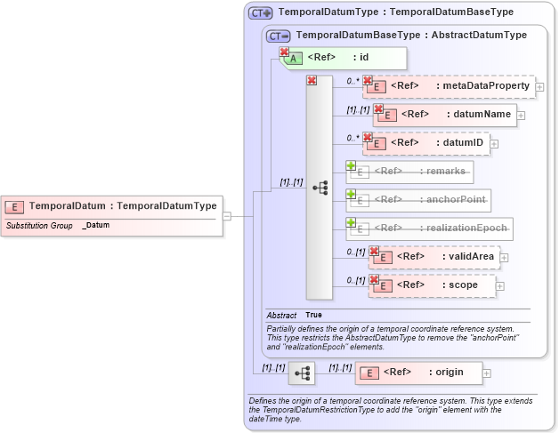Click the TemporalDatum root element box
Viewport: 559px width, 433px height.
[111, 205]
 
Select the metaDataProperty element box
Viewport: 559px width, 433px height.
[450, 86]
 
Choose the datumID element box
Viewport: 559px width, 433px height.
[428, 142]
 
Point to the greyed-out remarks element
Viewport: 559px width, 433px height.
[409, 172]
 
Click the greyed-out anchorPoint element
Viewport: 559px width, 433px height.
[418, 200]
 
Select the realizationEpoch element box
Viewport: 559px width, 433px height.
[429, 229]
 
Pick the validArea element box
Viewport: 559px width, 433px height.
[434, 257]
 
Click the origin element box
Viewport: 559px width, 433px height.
[419, 372]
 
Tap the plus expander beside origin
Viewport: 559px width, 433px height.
[487, 373]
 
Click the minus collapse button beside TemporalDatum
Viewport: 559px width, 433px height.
[228, 216]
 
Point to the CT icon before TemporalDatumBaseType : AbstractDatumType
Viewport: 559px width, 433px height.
[279, 36]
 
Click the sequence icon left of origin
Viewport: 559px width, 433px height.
[302, 373]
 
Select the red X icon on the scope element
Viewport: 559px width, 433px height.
[374, 280]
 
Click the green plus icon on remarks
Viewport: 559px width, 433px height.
[351, 165]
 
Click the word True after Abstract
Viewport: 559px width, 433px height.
[313, 315]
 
